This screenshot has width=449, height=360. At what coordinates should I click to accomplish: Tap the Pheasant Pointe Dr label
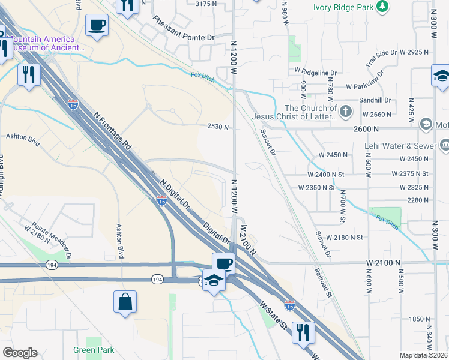point(183,29)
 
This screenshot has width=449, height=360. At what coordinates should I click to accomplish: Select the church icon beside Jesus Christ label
point(346,111)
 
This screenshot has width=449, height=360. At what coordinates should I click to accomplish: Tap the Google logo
point(20,353)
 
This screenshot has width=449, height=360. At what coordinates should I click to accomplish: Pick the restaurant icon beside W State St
point(303,331)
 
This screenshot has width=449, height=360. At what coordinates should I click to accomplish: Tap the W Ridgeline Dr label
point(316,72)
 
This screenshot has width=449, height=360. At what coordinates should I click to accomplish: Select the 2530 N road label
point(218,127)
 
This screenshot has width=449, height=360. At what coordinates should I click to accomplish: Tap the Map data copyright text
point(424,355)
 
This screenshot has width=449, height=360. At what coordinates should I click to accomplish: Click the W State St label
point(273,316)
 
